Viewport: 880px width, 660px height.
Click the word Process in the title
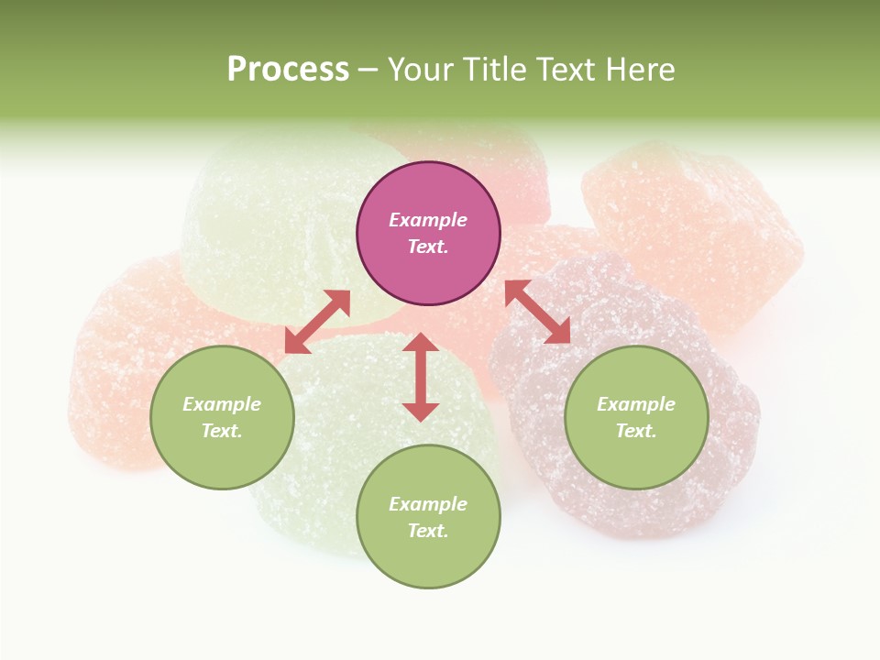point(288,70)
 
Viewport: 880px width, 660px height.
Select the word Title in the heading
point(499,70)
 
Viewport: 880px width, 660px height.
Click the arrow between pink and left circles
point(317,322)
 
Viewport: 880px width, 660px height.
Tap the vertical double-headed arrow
point(421,377)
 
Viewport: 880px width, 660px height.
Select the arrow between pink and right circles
point(537,312)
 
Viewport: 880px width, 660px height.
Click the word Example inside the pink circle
point(428,220)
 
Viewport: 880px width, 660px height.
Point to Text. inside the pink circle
point(428,247)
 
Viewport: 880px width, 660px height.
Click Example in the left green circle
point(222,404)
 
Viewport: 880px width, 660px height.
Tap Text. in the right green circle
point(636,431)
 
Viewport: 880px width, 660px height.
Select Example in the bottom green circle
point(428,504)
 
